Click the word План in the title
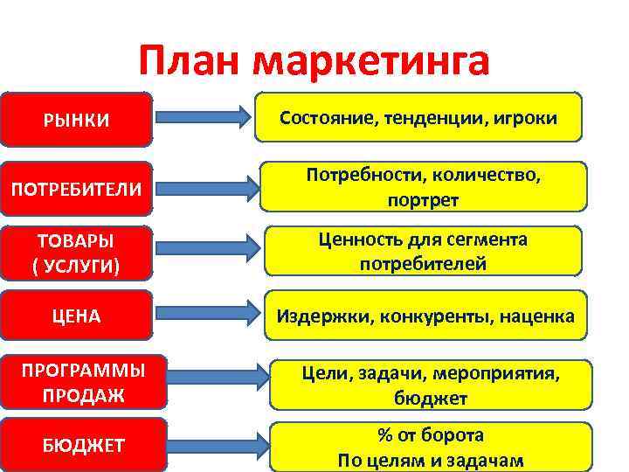click(x=190, y=62)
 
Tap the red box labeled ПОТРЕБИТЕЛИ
click(x=77, y=188)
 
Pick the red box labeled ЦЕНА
click(x=77, y=316)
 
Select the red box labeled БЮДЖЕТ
click(x=83, y=446)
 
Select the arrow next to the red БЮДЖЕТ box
click(x=213, y=443)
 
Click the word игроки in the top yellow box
click(x=523, y=118)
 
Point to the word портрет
click(x=423, y=199)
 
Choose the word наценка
click(x=536, y=316)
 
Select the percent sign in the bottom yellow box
click(x=383, y=435)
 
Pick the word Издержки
click(x=324, y=316)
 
